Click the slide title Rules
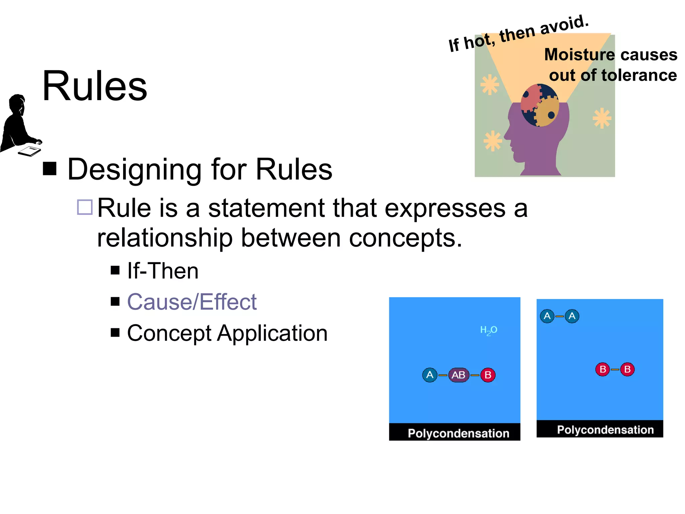(x=95, y=86)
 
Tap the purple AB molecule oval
(x=458, y=375)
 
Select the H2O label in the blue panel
(x=488, y=330)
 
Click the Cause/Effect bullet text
(x=192, y=302)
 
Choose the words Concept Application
(x=227, y=333)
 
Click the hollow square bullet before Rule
(x=85, y=207)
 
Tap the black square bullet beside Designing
(x=50, y=169)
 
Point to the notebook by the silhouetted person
(x=29, y=151)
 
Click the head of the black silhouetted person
(x=17, y=104)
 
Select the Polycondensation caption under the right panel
(x=605, y=430)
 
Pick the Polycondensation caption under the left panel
(x=458, y=433)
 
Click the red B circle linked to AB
(x=488, y=375)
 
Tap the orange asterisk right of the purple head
(x=602, y=118)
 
